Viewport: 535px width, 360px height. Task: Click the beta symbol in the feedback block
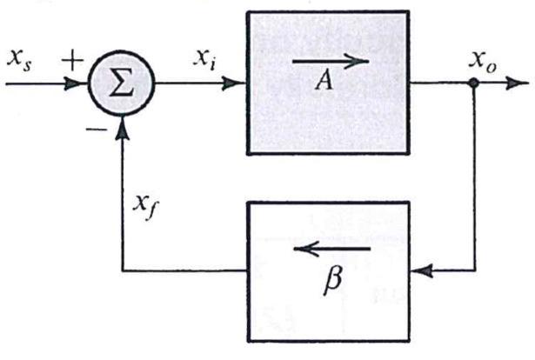[x=331, y=282]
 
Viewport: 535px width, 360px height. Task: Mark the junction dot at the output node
[x=472, y=85]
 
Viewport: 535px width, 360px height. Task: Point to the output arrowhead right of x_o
[x=520, y=85]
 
